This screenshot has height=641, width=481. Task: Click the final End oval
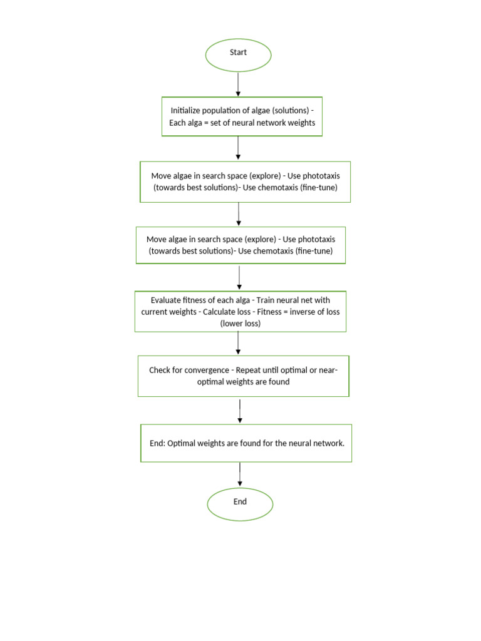(240, 504)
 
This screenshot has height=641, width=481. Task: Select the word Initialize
(188, 111)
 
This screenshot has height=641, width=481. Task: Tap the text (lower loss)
(240, 324)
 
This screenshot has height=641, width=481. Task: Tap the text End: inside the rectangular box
(159, 443)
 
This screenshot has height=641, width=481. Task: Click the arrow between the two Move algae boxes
(239, 214)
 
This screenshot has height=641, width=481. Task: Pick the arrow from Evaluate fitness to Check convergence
(238, 343)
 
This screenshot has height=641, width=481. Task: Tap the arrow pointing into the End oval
(240, 474)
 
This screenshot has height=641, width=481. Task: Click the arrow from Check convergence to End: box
(240, 410)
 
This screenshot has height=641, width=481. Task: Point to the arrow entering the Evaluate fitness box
(239, 277)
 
